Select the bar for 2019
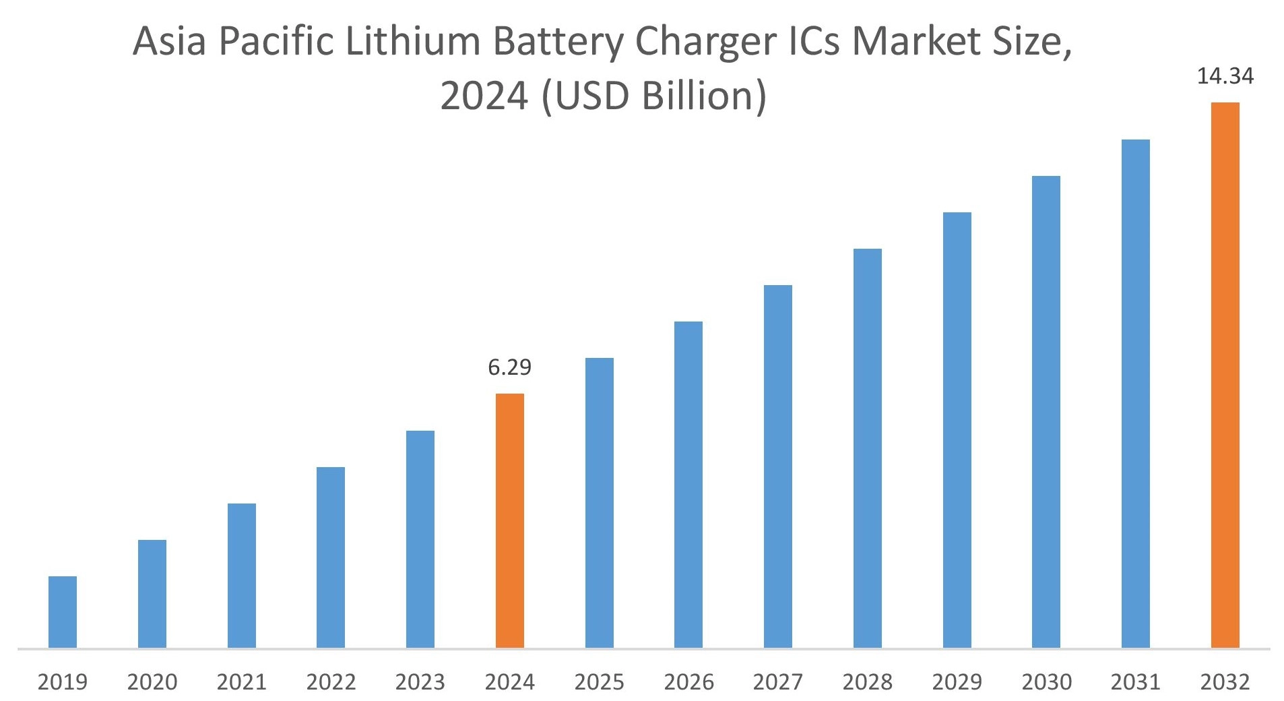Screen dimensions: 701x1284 (63, 611)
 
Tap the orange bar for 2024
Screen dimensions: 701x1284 (509, 520)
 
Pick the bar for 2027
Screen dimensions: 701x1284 (777, 466)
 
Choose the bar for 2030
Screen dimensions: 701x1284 (1046, 411)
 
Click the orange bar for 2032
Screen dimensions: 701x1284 (1225, 375)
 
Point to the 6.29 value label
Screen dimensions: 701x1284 (509, 367)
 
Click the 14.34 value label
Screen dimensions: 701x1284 (1225, 77)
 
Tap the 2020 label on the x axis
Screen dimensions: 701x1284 (152, 682)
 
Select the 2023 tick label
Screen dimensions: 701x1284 (420, 682)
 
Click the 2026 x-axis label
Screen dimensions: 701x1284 (688, 682)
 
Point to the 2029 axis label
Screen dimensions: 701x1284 (957, 682)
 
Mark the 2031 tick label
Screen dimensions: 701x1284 (1135, 682)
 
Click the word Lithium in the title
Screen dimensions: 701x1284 (412, 42)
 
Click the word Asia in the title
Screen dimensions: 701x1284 (168, 42)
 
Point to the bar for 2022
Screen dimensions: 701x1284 (330, 557)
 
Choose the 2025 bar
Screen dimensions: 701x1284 (599, 502)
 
